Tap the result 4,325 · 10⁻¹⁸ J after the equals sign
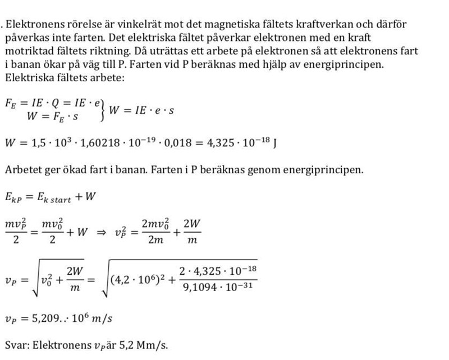(x=242, y=142)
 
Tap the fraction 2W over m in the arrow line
(x=192, y=230)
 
